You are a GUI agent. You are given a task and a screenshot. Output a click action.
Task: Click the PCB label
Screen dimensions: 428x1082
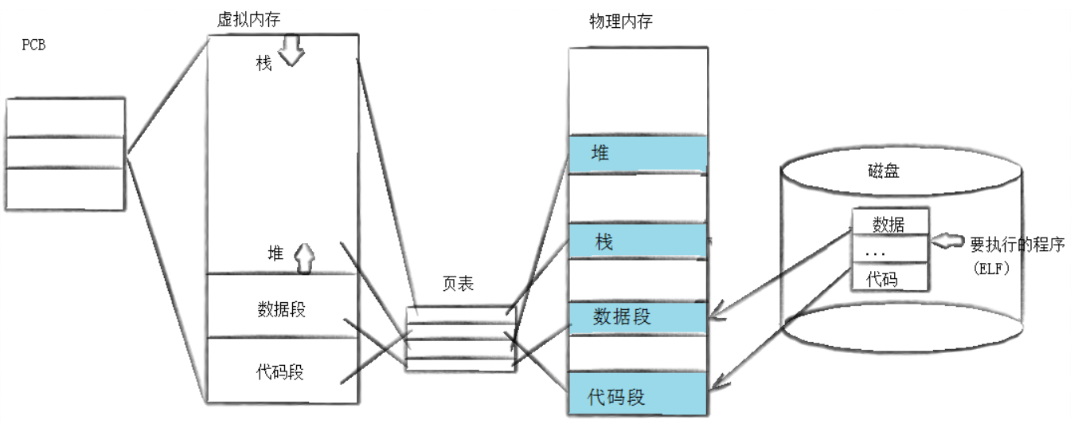[x=33, y=45]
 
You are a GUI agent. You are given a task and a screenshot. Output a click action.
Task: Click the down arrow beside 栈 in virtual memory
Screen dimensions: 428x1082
[x=291, y=53]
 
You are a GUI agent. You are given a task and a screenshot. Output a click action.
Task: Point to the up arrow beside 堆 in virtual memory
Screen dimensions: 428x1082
[x=304, y=257]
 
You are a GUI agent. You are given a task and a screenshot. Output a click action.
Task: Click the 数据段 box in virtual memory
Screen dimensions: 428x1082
[x=282, y=308]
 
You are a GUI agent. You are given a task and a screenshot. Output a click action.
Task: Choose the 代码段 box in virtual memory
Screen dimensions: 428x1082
[x=282, y=371]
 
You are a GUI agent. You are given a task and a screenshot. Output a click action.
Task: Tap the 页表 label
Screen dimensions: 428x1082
[x=458, y=283]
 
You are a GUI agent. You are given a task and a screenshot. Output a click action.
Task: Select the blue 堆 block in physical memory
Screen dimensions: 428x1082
[x=637, y=153]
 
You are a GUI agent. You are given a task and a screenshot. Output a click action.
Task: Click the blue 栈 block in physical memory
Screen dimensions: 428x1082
[x=637, y=241]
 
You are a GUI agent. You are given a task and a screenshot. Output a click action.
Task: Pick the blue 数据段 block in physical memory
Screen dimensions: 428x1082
[x=637, y=317]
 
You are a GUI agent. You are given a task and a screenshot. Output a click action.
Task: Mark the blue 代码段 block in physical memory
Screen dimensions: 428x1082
[x=637, y=396]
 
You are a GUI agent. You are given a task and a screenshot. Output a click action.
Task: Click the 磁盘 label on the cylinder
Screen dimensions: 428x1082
[x=883, y=171]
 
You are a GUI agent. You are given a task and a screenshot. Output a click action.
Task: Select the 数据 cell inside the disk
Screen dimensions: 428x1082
[x=889, y=224]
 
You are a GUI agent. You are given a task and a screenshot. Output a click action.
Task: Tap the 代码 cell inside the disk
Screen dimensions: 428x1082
[x=889, y=278]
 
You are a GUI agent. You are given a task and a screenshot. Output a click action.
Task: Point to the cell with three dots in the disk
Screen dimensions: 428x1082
[x=889, y=250]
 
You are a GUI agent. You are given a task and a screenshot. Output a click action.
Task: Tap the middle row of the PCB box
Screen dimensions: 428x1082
[x=64, y=152]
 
